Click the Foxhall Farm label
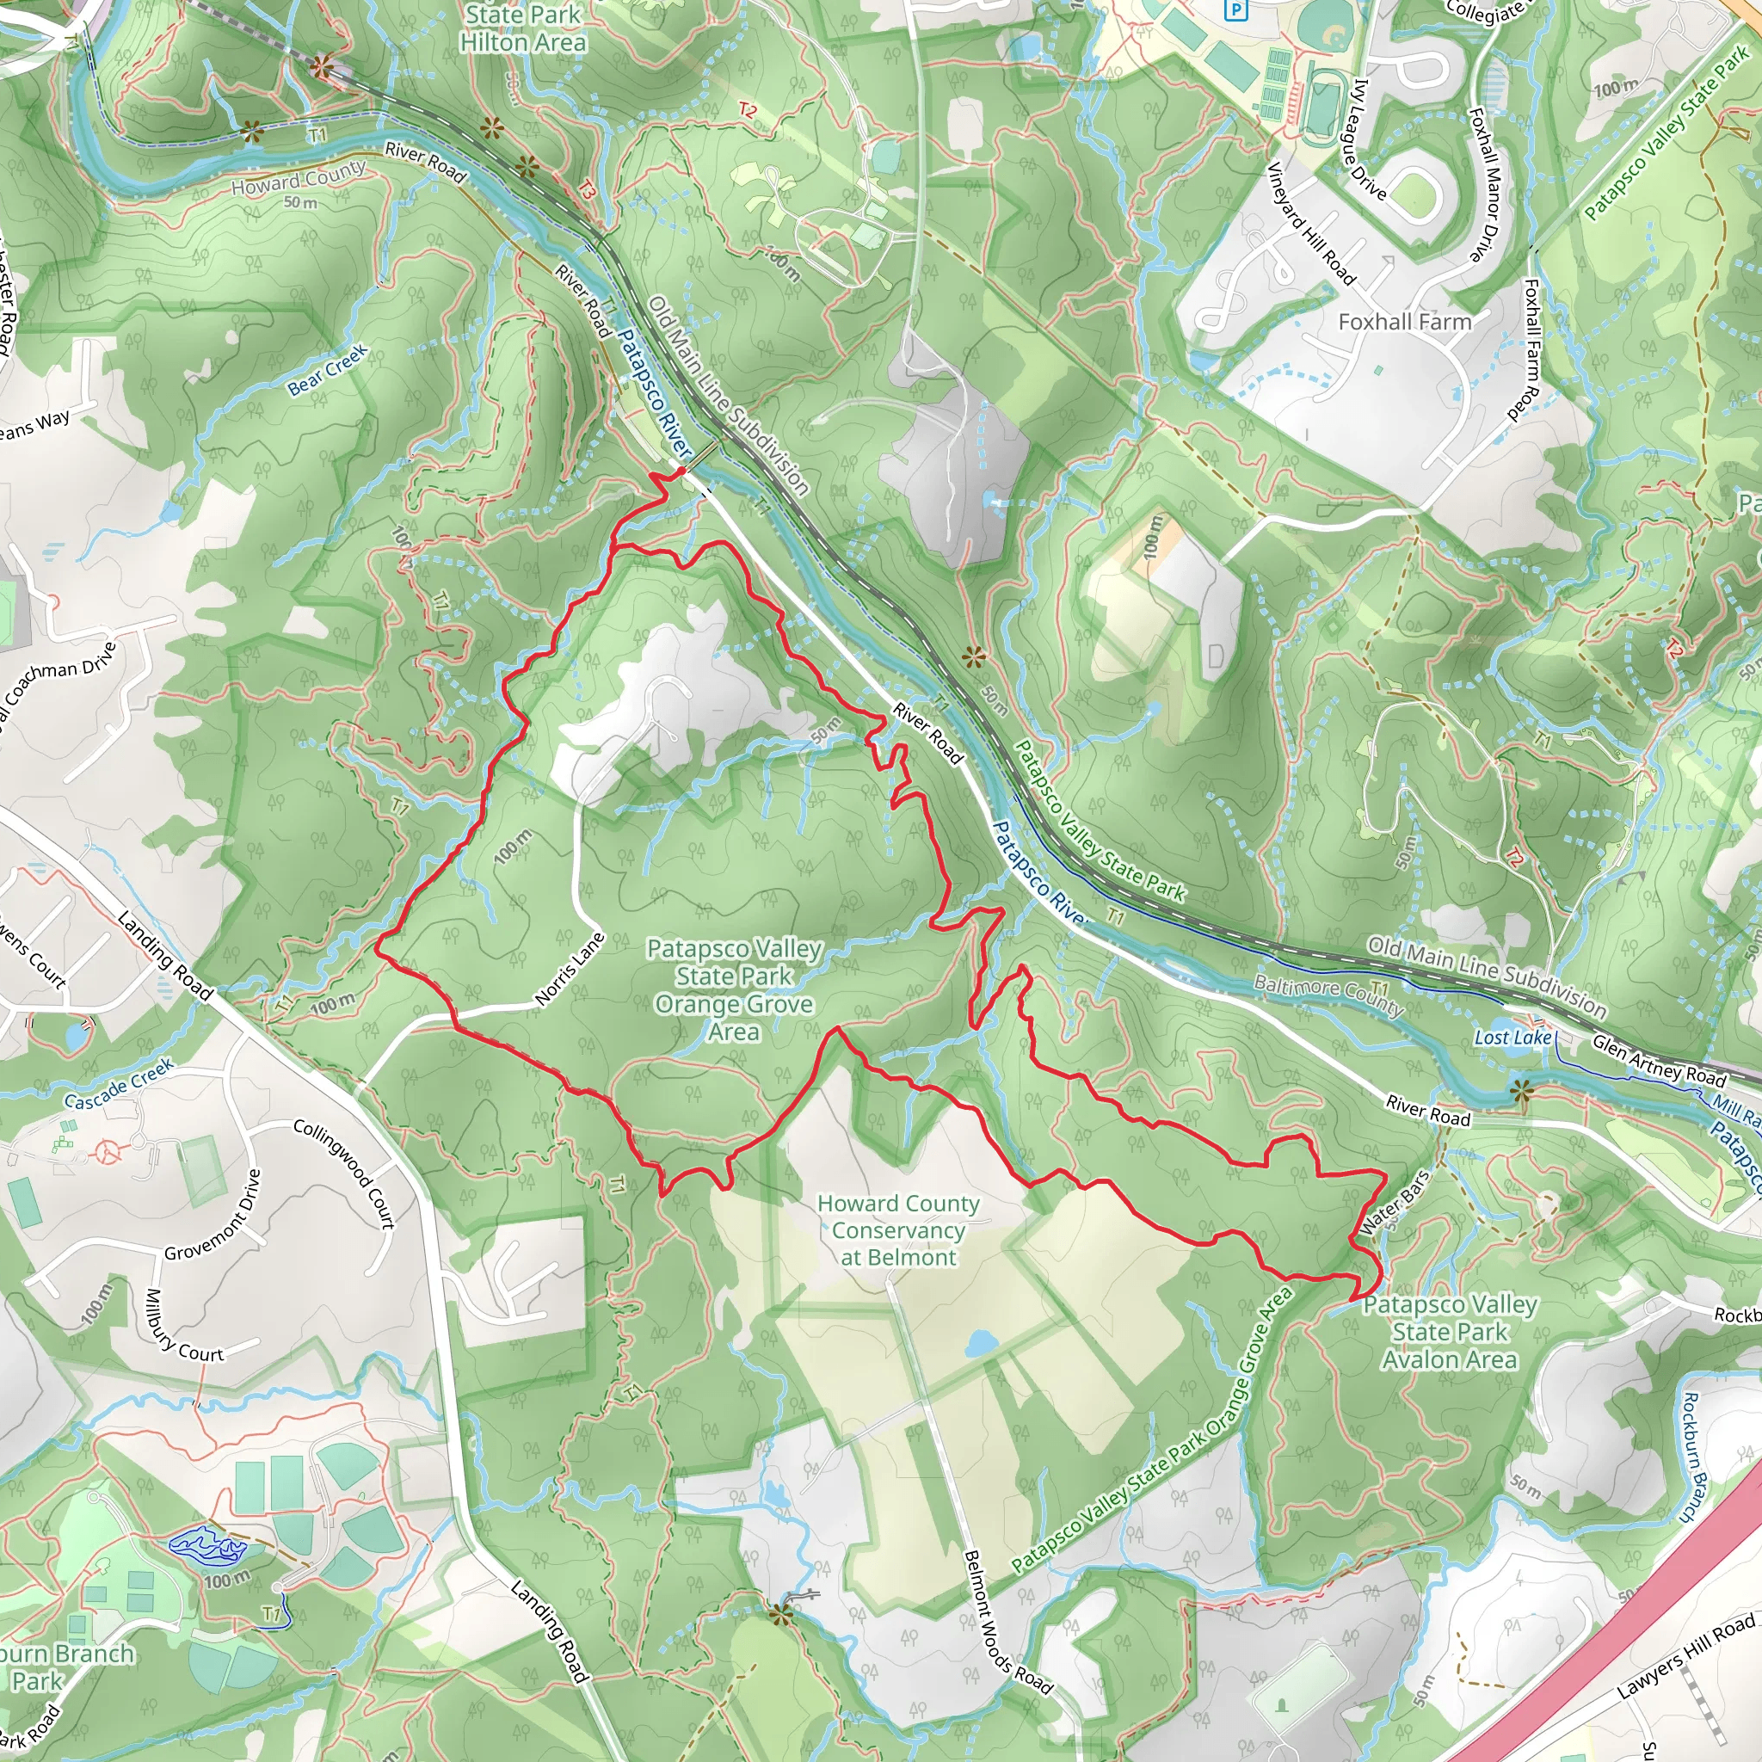point(1404,322)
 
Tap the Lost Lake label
point(1512,1038)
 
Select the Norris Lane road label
point(570,970)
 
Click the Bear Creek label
point(328,370)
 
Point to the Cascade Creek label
point(119,1083)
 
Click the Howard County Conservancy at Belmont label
point(898,1230)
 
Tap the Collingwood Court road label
point(345,1173)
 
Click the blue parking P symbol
point(1235,10)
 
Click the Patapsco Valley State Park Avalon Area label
point(1449,1332)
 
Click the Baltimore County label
point(1327,995)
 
